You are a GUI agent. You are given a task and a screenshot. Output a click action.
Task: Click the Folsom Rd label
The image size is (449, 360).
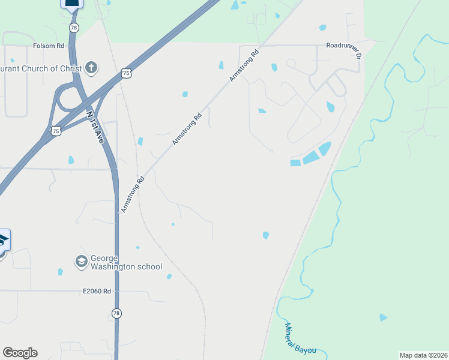[x=49, y=46]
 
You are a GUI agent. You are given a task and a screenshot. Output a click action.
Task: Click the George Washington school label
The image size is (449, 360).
[x=126, y=262]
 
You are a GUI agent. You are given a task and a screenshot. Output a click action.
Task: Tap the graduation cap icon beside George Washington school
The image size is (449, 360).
[x=81, y=261]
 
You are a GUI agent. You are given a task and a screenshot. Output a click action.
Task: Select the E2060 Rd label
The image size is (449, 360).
[x=97, y=292]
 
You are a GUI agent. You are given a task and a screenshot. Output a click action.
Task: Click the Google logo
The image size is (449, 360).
[x=20, y=353]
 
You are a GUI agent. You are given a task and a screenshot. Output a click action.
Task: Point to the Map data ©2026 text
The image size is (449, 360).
[x=423, y=355]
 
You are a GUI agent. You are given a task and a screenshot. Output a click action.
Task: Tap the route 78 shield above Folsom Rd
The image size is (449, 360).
[x=73, y=28]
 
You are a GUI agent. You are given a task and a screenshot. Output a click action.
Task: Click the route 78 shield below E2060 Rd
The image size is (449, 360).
[x=116, y=313]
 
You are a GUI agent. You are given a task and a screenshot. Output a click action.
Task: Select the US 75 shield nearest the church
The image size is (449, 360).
[x=125, y=73]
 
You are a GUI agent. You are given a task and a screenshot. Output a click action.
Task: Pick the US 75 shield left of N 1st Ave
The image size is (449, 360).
[x=56, y=130]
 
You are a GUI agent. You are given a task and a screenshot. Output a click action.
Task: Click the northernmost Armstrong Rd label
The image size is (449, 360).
[x=244, y=66]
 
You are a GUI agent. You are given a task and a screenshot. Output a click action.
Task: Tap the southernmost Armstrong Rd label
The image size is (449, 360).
[x=133, y=194]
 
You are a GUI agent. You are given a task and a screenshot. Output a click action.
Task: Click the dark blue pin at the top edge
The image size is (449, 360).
[x=71, y=4]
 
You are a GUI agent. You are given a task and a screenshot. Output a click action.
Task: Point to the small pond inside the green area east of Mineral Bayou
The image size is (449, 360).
[x=383, y=317]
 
